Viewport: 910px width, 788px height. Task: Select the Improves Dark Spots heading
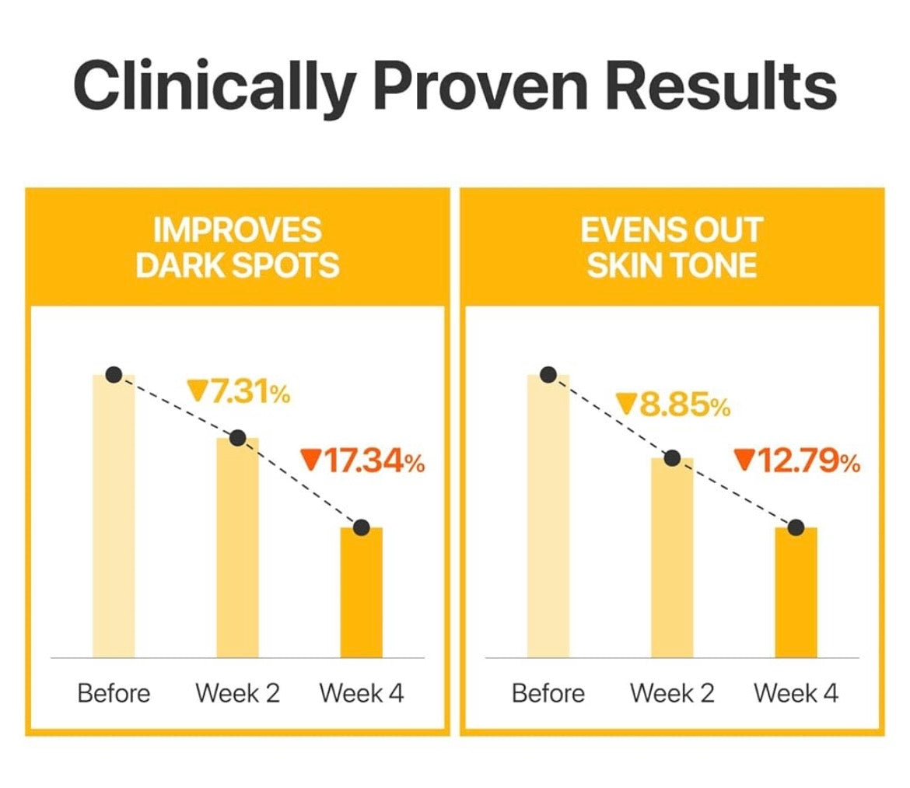237,248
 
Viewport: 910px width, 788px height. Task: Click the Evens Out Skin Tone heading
672,248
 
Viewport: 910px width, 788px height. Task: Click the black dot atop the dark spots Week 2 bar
238,438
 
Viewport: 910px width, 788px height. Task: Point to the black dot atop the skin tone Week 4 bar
796,527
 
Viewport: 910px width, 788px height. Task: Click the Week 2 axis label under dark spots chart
237,693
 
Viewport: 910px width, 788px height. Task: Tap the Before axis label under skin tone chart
548,693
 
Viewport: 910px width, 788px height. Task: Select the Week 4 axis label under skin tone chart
796,693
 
